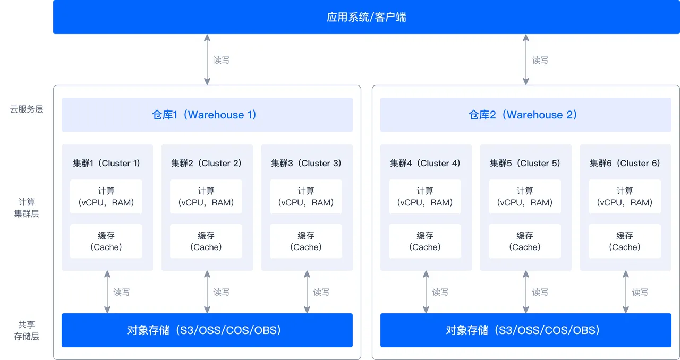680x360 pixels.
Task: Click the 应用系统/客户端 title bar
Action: pyautogui.click(x=367, y=17)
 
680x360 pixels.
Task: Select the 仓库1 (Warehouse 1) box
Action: pyautogui.click(x=207, y=115)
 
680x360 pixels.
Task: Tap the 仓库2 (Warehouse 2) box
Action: pyautogui.click(x=526, y=115)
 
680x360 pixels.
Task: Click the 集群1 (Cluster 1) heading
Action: pyautogui.click(x=107, y=163)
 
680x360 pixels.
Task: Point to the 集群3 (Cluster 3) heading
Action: pyautogui.click(x=307, y=163)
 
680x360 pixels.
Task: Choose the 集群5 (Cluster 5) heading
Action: pyautogui.click(x=525, y=163)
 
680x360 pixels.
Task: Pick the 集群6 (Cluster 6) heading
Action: pyautogui.click(x=625, y=163)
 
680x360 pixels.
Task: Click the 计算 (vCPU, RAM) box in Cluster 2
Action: pyautogui.click(x=206, y=196)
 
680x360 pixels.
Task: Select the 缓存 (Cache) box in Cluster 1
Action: pyautogui.click(x=106, y=241)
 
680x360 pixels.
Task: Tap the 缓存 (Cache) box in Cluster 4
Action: pyautogui.click(x=425, y=241)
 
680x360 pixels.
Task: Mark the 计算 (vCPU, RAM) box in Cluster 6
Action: pyautogui.click(x=625, y=196)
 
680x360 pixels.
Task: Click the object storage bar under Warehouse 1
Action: pyautogui.click(x=207, y=330)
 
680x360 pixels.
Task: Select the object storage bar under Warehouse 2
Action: pyautogui.click(x=526, y=330)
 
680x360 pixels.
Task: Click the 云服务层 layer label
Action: pyautogui.click(x=27, y=109)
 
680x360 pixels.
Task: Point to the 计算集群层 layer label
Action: pyautogui.click(x=27, y=208)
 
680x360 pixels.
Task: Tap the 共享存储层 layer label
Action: pyautogui.click(x=27, y=330)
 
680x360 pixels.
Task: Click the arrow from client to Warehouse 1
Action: pyautogui.click(x=207, y=59)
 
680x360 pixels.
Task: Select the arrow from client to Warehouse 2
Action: pyautogui.click(x=526, y=59)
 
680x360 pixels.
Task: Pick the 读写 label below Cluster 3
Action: pyautogui.click(x=321, y=292)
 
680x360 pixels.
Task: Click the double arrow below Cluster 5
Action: pyautogui.click(x=526, y=292)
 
